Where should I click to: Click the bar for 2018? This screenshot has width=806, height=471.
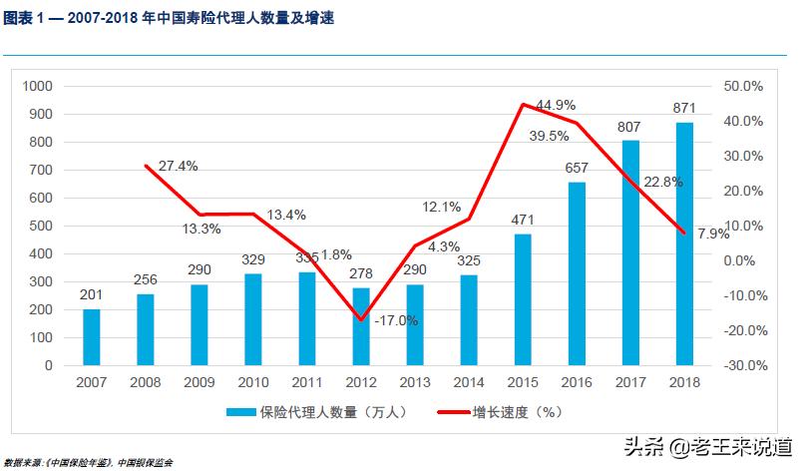[x=684, y=243]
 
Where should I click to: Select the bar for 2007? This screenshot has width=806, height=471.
[x=92, y=337]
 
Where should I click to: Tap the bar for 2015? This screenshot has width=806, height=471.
[x=523, y=299]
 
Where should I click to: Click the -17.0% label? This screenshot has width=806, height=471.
[x=396, y=321]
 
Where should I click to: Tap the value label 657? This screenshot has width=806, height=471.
[x=577, y=168]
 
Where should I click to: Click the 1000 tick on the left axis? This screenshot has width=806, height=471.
[x=36, y=87]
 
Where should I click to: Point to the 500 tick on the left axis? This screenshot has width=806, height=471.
[x=40, y=227]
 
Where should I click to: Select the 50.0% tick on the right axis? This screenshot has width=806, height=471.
[x=743, y=87]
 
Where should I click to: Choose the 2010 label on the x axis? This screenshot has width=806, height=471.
[x=253, y=382]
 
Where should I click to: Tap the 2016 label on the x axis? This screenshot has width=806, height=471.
[x=577, y=382]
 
